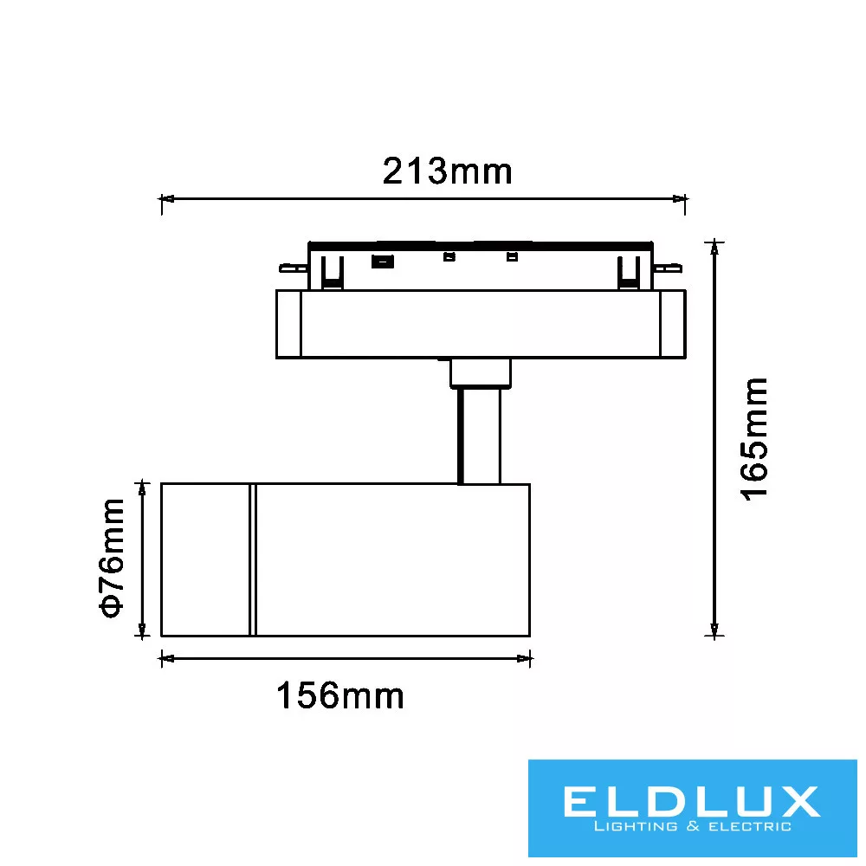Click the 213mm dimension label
pos(448,171)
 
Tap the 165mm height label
pos(754,440)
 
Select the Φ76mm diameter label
pos(112,558)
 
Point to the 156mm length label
pos(340,695)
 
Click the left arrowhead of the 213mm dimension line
pos(166,198)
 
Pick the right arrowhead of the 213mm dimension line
pos(680,198)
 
